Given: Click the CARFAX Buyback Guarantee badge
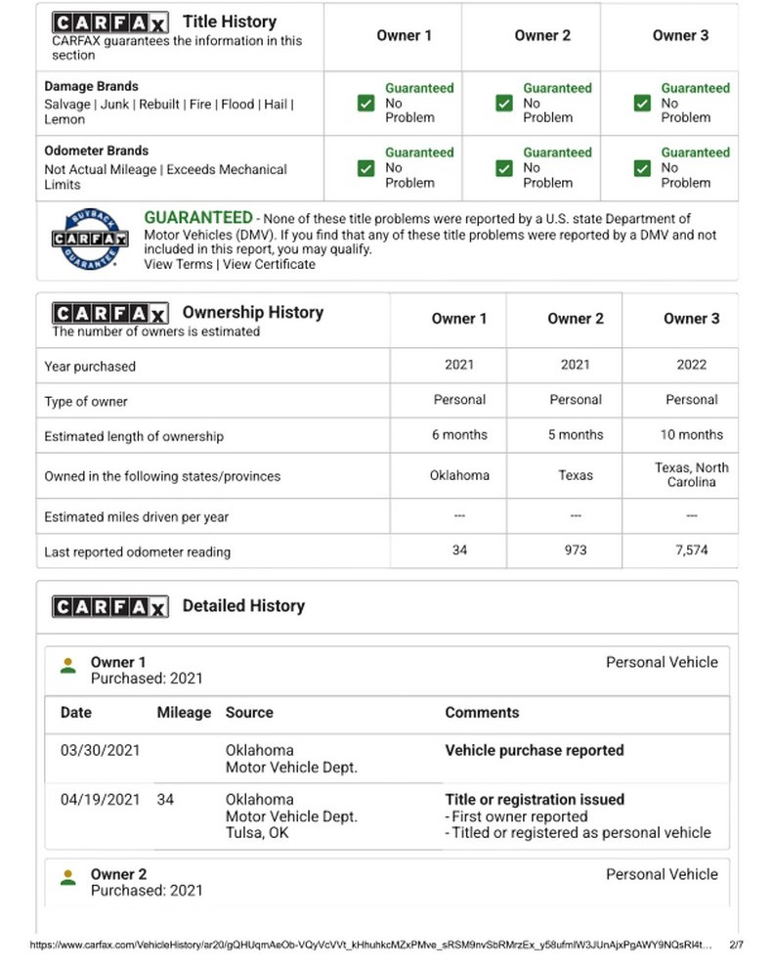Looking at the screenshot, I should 90,237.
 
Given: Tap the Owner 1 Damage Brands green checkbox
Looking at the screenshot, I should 366,103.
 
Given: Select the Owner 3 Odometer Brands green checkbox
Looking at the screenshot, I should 642,168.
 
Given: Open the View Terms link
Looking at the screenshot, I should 178,264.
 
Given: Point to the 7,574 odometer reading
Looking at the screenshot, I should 691,550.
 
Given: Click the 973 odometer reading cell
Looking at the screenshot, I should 575,550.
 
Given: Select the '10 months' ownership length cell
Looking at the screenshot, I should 691,435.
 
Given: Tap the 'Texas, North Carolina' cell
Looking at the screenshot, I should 691,475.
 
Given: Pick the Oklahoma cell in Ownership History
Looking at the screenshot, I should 459,475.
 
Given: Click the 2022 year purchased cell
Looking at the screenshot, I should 691,365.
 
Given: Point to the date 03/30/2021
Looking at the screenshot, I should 100,751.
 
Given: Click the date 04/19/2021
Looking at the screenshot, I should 100,799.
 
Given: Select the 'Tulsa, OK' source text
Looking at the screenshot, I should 257,834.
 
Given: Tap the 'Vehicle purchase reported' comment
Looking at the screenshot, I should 534,751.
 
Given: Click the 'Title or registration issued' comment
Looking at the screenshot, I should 534,799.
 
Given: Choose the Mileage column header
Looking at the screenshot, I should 184,713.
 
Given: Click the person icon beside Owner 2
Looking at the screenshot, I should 67,877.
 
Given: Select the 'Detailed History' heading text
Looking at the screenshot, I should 243,606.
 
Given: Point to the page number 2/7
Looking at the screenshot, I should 737,946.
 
